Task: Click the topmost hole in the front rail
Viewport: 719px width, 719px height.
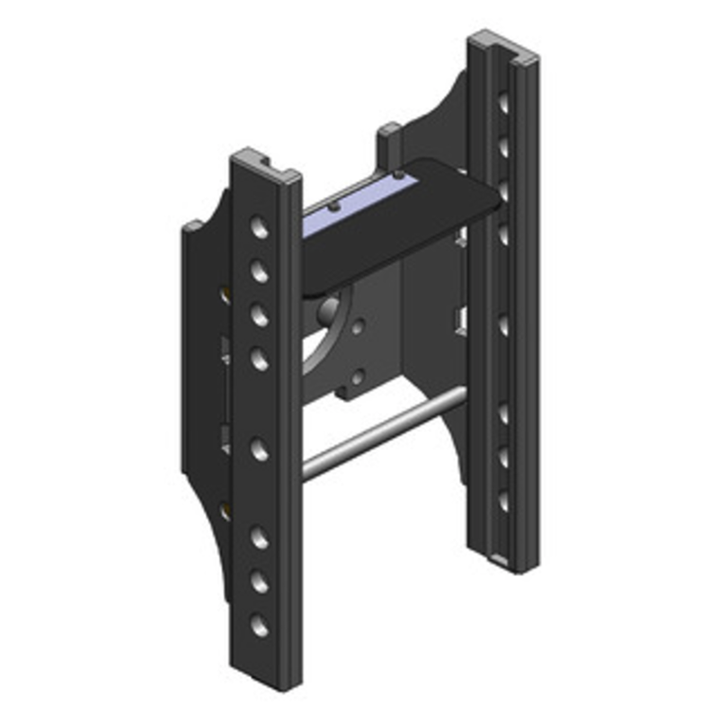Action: tap(260, 226)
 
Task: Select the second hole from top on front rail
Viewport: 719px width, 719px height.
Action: tap(260, 270)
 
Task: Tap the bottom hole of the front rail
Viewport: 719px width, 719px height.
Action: tap(260, 626)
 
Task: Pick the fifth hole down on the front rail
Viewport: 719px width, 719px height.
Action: tap(260, 448)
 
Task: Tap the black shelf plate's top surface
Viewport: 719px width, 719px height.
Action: tap(404, 225)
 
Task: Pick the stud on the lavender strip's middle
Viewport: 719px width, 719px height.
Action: tap(334, 206)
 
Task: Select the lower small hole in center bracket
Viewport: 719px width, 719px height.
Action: tap(358, 376)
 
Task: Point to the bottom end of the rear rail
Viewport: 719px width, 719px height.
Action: tap(503, 562)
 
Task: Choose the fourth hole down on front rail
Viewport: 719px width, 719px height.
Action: tap(260, 360)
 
